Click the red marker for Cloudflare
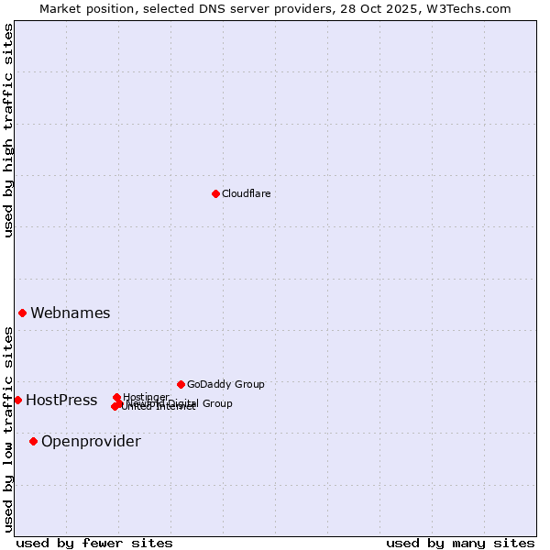click(215, 193)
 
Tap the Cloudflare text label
click(247, 193)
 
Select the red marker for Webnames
click(23, 313)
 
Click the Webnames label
click(71, 313)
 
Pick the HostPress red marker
click(17, 400)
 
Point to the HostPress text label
click(61, 400)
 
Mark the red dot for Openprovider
click(34, 441)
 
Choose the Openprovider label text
click(91, 441)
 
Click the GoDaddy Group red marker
click(181, 384)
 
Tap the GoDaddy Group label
click(225, 384)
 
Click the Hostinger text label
click(147, 397)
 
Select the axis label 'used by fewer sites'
click(94, 543)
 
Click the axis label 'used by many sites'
click(460, 543)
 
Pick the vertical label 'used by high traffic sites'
click(8, 130)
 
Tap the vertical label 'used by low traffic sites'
click(8, 429)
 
